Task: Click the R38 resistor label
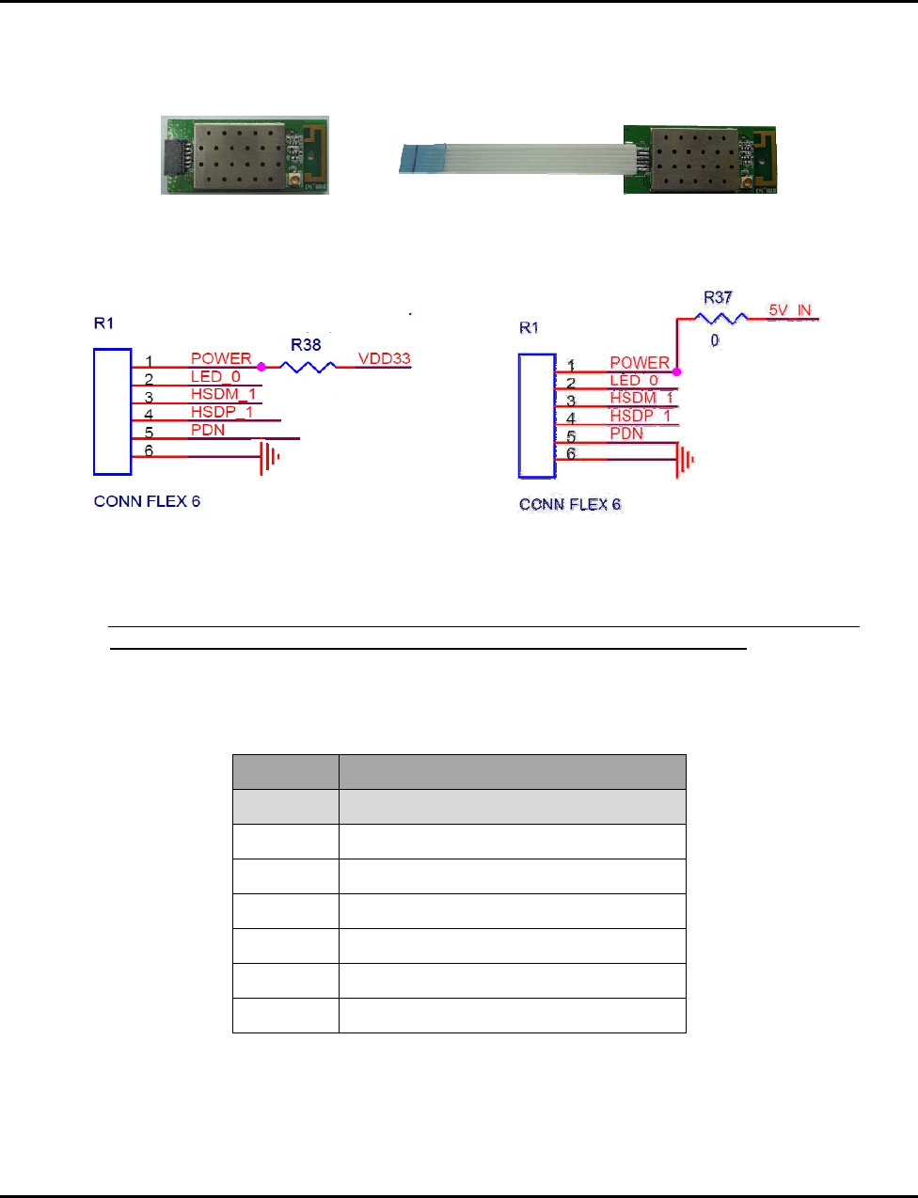click(306, 345)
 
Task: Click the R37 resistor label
click(718, 297)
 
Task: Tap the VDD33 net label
click(384, 358)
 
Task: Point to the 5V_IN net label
click(790, 310)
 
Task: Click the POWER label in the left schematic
click(221, 358)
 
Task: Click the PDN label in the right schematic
click(626, 433)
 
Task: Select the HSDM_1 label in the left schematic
click(223, 394)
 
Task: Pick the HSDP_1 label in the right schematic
click(641, 416)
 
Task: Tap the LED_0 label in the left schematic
click(215, 376)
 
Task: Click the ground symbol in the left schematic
click(271, 458)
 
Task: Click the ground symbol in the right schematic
click(686, 461)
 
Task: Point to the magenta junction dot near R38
click(261, 367)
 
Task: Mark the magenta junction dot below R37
click(677, 372)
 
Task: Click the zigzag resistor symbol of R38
click(308, 367)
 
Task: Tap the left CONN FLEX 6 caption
click(147, 501)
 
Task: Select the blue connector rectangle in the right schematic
click(537, 416)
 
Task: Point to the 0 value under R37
click(715, 340)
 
